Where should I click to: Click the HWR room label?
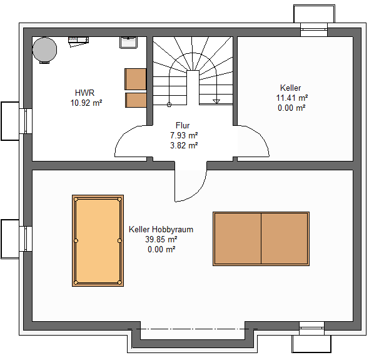tap(84, 93)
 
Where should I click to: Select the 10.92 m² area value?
tap(86, 103)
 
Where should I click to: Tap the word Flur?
tap(183, 125)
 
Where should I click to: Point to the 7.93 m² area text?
tap(184, 135)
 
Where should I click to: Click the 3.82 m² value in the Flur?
tap(184, 145)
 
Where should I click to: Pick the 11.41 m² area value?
tap(292, 98)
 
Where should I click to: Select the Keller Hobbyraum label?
tap(161, 229)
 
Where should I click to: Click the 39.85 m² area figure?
tap(161, 239)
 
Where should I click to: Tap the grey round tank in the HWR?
tap(44, 50)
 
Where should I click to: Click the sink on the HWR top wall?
tap(128, 43)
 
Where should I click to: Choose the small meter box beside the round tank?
tap(78, 40)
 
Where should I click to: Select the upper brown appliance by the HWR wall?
tap(136, 79)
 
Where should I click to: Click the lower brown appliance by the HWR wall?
tap(136, 100)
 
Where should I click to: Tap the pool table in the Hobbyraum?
tap(98, 240)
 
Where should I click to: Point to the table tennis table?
tap(261, 239)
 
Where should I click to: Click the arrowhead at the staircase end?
tap(216, 101)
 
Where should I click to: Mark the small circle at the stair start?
tap(169, 105)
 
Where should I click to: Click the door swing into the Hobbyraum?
tap(199, 190)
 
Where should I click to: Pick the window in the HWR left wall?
tap(26, 121)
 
